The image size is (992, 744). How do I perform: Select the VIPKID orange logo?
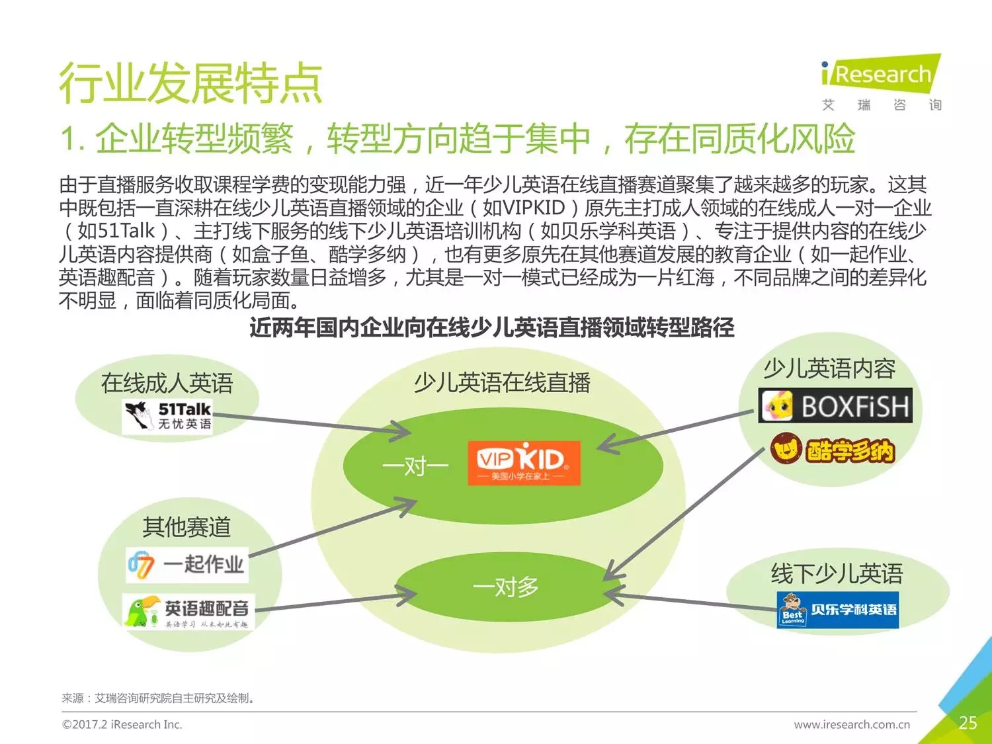point(524,463)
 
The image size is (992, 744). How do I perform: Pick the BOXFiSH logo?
point(835,405)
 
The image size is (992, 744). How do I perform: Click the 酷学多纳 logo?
point(833,450)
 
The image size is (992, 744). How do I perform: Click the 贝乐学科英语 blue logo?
point(837,610)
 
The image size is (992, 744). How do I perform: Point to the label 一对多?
point(505,587)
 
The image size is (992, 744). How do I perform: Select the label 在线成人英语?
point(167,383)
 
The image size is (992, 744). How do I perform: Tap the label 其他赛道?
point(186,526)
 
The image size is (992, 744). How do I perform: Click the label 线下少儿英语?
point(837,573)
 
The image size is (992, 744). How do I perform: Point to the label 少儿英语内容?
point(829,368)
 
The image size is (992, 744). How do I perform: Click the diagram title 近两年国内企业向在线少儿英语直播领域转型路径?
point(492,327)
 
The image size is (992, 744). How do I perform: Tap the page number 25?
point(968,723)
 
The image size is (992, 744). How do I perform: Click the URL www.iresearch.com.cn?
point(852,725)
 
